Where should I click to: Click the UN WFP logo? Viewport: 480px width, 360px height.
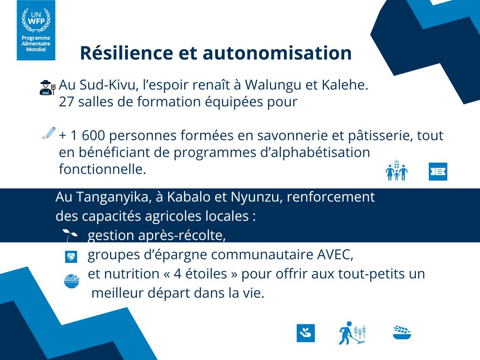(x=36, y=30)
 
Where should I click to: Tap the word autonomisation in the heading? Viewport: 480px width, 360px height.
(x=277, y=53)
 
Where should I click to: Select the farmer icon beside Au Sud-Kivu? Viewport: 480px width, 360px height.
(x=47, y=88)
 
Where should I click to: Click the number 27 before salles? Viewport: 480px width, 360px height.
(x=66, y=102)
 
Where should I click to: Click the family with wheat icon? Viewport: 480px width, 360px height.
(x=397, y=171)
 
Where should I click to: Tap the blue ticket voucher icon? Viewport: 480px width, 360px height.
(x=438, y=172)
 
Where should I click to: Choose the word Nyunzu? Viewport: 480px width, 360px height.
(x=253, y=197)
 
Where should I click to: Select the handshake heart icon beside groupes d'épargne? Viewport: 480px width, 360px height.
(x=71, y=256)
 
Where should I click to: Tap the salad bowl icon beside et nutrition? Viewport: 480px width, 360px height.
(x=71, y=281)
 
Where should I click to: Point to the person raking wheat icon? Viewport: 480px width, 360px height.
(x=352, y=333)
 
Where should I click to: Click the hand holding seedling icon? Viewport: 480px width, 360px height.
(x=306, y=333)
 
